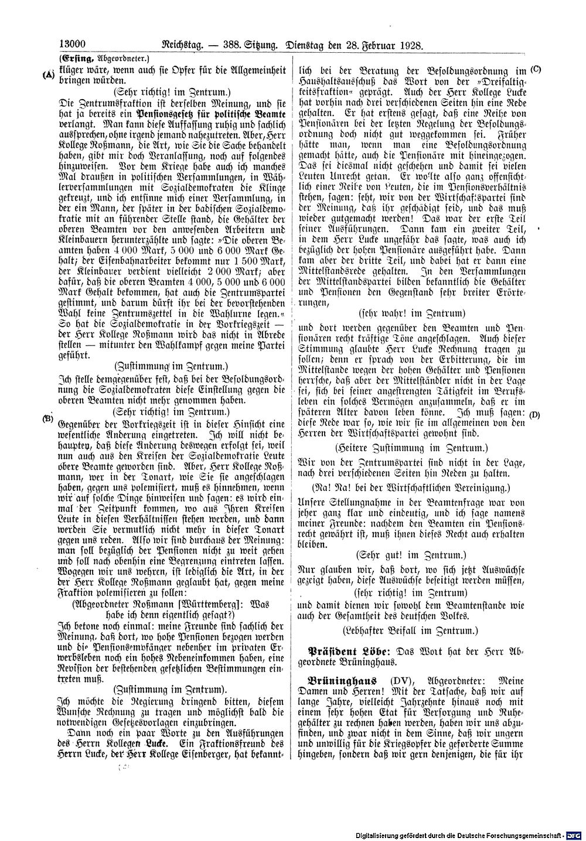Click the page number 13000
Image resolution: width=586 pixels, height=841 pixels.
click(73, 43)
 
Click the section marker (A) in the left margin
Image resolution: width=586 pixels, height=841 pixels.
click(48, 74)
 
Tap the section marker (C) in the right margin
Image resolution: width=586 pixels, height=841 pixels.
click(536, 70)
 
